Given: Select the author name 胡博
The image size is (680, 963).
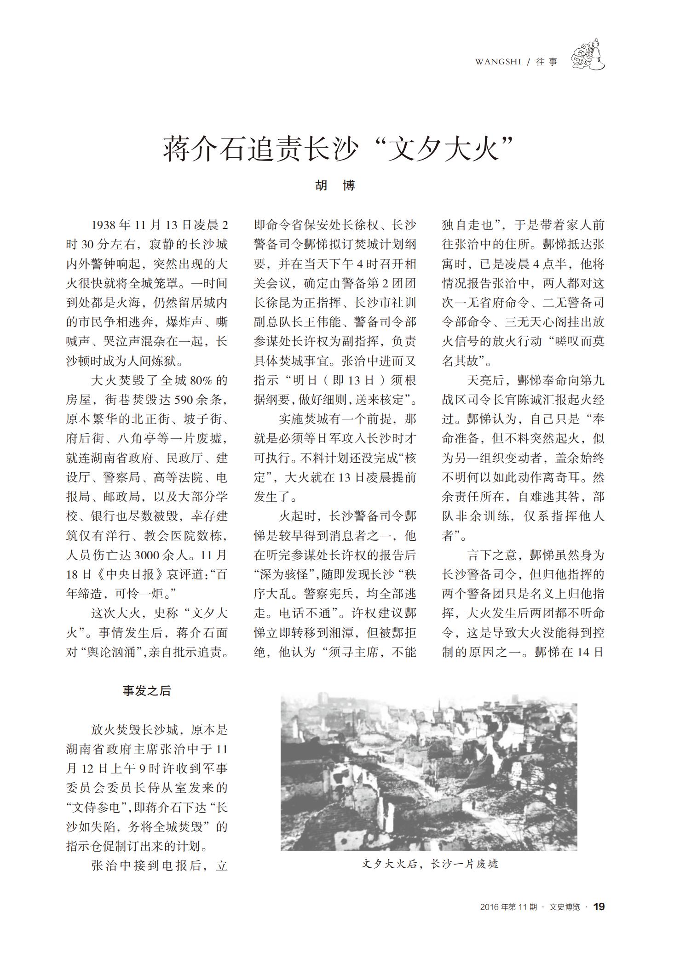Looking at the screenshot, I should [335, 185].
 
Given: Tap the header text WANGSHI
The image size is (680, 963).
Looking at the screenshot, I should [498, 62].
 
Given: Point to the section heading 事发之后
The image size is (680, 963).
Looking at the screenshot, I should [147, 691].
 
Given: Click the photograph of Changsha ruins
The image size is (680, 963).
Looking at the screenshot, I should [428, 773].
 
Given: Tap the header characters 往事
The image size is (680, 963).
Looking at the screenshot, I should [547, 62].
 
